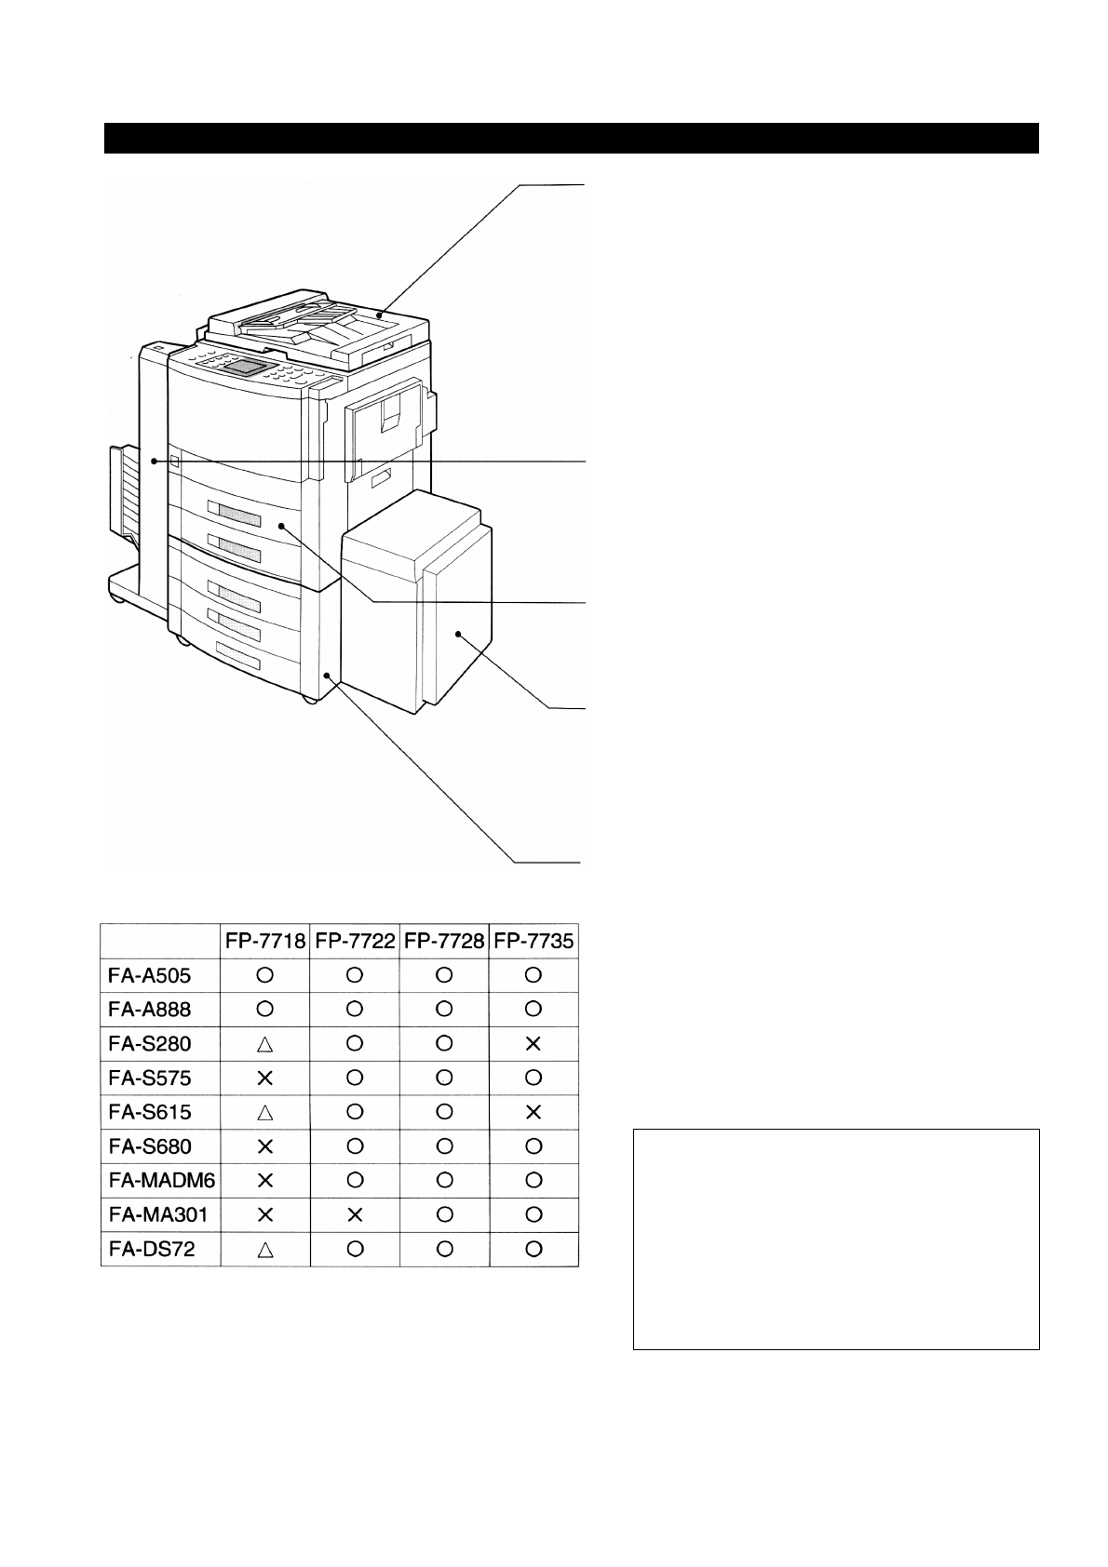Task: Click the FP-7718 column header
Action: tap(264, 941)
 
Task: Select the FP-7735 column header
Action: tap(534, 941)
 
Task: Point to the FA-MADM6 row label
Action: tap(157, 1180)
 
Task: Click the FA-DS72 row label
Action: tap(146, 1249)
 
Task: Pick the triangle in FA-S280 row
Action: tap(264, 1044)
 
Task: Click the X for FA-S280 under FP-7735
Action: tap(534, 1044)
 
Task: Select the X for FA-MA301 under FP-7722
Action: tap(354, 1214)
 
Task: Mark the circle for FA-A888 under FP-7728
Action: tap(444, 1009)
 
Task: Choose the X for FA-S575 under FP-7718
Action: tap(264, 1078)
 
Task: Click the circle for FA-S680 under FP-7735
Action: tap(534, 1146)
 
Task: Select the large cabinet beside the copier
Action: tap(414, 614)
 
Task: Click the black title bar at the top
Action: tap(571, 138)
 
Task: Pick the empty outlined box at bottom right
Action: tap(835, 1239)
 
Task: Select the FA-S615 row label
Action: tap(145, 1112)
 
